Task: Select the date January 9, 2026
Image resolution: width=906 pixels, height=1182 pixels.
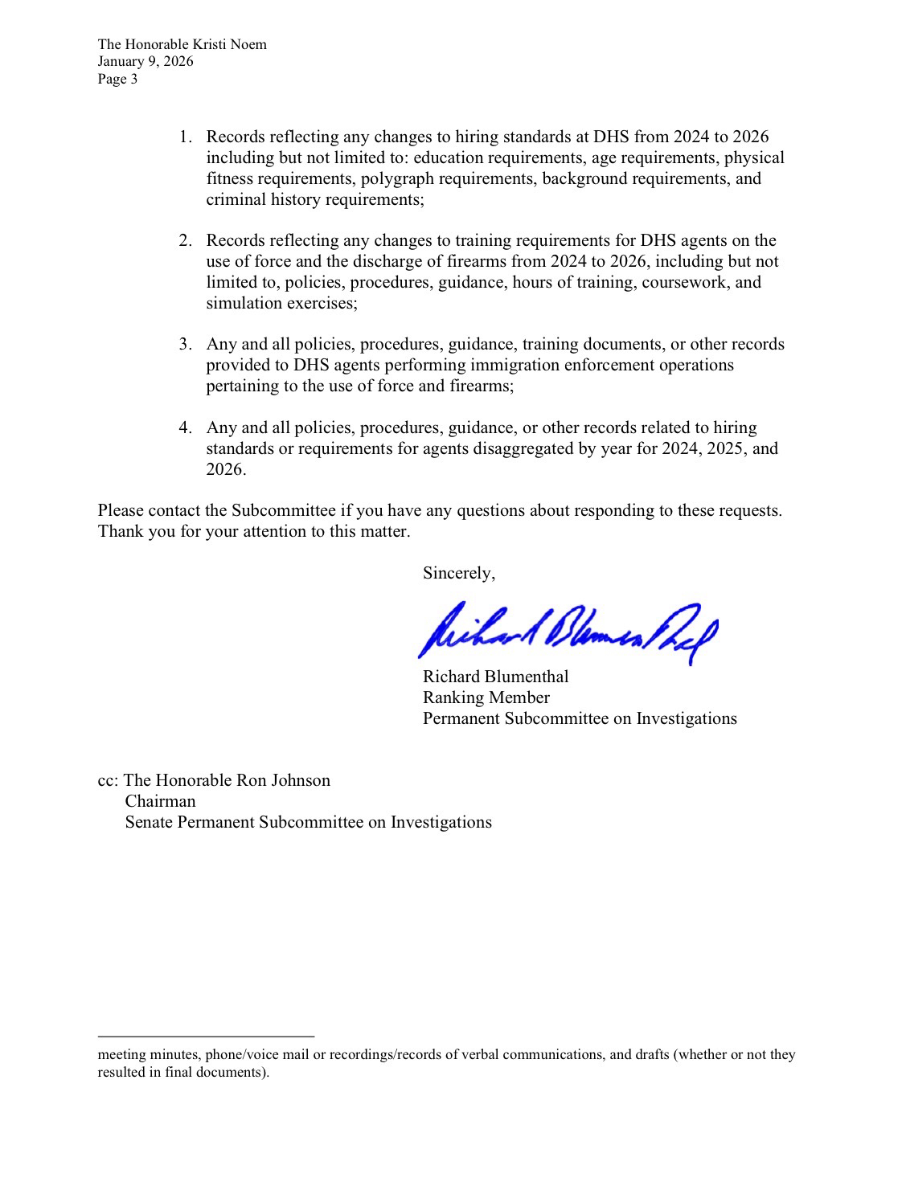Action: tap(146, 61)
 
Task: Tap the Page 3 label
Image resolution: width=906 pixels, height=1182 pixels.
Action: tap(117, 79)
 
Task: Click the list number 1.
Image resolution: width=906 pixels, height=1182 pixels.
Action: tap(185, 137)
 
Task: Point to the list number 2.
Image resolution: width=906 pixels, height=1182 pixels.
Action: tap(185, 240)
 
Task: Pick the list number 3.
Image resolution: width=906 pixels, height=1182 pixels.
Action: tap(185, 344)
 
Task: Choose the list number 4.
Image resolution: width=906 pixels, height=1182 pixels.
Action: tap(185, 427)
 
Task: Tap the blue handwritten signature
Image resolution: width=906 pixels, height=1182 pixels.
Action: tap(567, 631)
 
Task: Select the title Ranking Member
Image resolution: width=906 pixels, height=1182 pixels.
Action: tap(486, 697)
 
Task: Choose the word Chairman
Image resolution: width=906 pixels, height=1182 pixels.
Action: tap(160, 801)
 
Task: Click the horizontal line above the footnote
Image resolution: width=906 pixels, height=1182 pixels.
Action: tap(206, 1037)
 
